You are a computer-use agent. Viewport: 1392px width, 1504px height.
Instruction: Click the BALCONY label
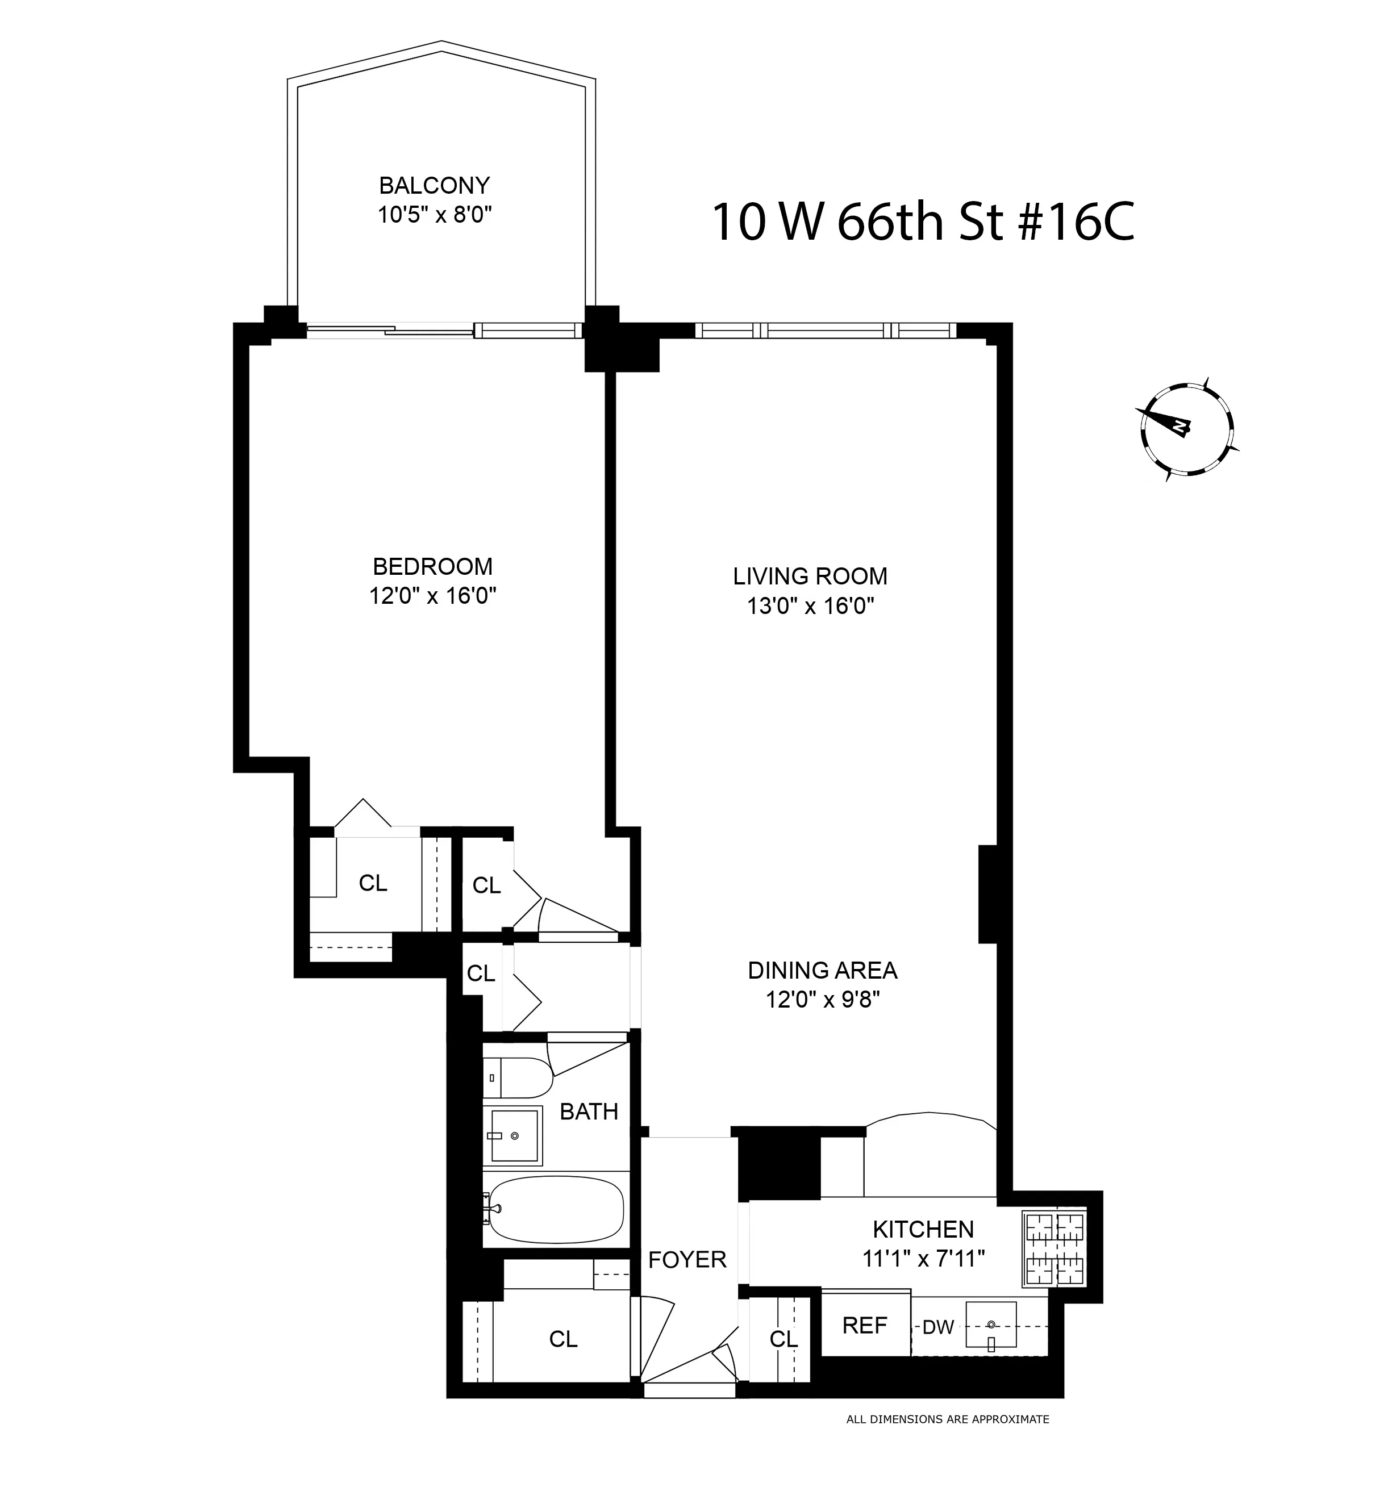tap(434, 185)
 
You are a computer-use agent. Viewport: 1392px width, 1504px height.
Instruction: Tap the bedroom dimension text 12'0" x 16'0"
tap(432, 596)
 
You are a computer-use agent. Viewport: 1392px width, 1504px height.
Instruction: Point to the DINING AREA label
tap(823, 970)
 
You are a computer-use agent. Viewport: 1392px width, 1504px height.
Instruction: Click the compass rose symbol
tap(1187, 429)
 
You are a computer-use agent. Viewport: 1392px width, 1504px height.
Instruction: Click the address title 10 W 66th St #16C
tap(923, 222)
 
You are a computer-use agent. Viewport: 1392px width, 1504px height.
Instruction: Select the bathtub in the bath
tap(556, 1208)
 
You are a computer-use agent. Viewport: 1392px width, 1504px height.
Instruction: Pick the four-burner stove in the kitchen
tap(1055, 1248)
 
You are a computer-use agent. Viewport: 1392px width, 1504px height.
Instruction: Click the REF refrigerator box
tap(865, 1325)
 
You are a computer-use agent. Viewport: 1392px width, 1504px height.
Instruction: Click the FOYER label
tap(687, 1259)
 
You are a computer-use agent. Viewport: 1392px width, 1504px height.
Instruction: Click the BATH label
tap(589, 1112)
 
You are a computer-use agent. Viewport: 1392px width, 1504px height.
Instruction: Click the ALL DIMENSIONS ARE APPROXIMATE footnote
tap(948, 1419)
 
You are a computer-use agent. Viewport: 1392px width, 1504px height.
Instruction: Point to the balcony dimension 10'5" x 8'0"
tap(434, 215)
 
